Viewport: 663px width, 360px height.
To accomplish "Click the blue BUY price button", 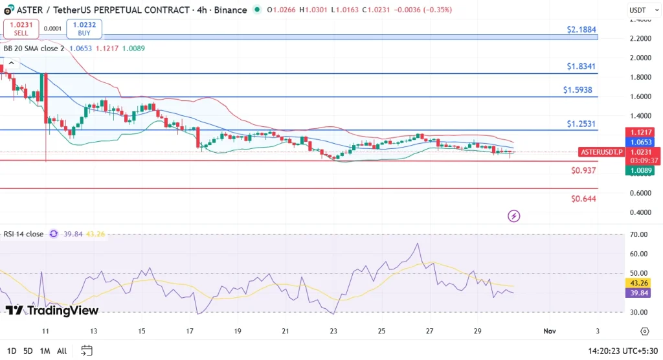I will click(84, 28).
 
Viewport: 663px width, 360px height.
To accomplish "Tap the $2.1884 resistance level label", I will click(581, 30).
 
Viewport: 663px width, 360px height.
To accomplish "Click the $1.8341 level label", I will click(581, 66).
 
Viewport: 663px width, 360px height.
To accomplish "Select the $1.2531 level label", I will click(581, 124).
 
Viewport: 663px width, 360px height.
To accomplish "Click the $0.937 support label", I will click(583, 170).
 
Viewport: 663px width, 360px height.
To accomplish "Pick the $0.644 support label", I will click(583, 199).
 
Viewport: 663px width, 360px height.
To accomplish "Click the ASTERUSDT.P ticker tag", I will click(601, 152).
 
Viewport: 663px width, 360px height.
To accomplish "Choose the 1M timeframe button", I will click(45, 351).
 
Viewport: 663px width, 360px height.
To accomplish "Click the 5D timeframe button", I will click(28, 351).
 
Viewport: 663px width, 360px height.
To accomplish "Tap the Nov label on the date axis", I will click(550, 331).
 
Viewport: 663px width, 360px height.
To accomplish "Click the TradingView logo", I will click(52, 311).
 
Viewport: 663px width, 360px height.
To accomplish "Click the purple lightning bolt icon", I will click(514, 216).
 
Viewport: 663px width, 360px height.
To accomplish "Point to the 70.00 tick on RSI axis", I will click(639, 234).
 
